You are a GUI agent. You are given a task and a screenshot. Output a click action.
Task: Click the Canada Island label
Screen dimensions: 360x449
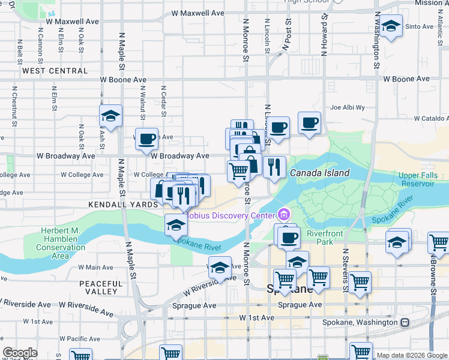click(x=319, y=173)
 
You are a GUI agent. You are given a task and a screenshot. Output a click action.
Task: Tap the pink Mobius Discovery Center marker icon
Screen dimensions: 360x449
click(x=284, y=214)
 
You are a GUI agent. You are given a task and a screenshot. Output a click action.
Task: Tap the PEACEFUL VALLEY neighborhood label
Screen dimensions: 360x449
click(x=101, y=286)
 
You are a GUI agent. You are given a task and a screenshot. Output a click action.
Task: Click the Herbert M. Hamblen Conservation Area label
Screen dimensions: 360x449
click(x=60, y=244)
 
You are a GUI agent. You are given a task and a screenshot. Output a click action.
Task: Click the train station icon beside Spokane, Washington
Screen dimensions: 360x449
click(x=406, y=322)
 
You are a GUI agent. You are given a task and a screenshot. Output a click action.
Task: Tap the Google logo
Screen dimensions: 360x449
click(x=19, y=353)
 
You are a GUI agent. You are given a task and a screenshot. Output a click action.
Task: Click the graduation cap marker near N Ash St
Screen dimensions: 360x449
click(x=110, y=116)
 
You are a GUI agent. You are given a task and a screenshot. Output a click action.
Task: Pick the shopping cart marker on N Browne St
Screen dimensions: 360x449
click(x=439, y=243)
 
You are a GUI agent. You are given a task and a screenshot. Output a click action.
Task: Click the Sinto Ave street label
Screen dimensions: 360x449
click(x=420, y=27)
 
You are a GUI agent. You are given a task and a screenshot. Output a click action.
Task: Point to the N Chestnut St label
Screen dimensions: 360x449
click(x=13, y=103)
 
